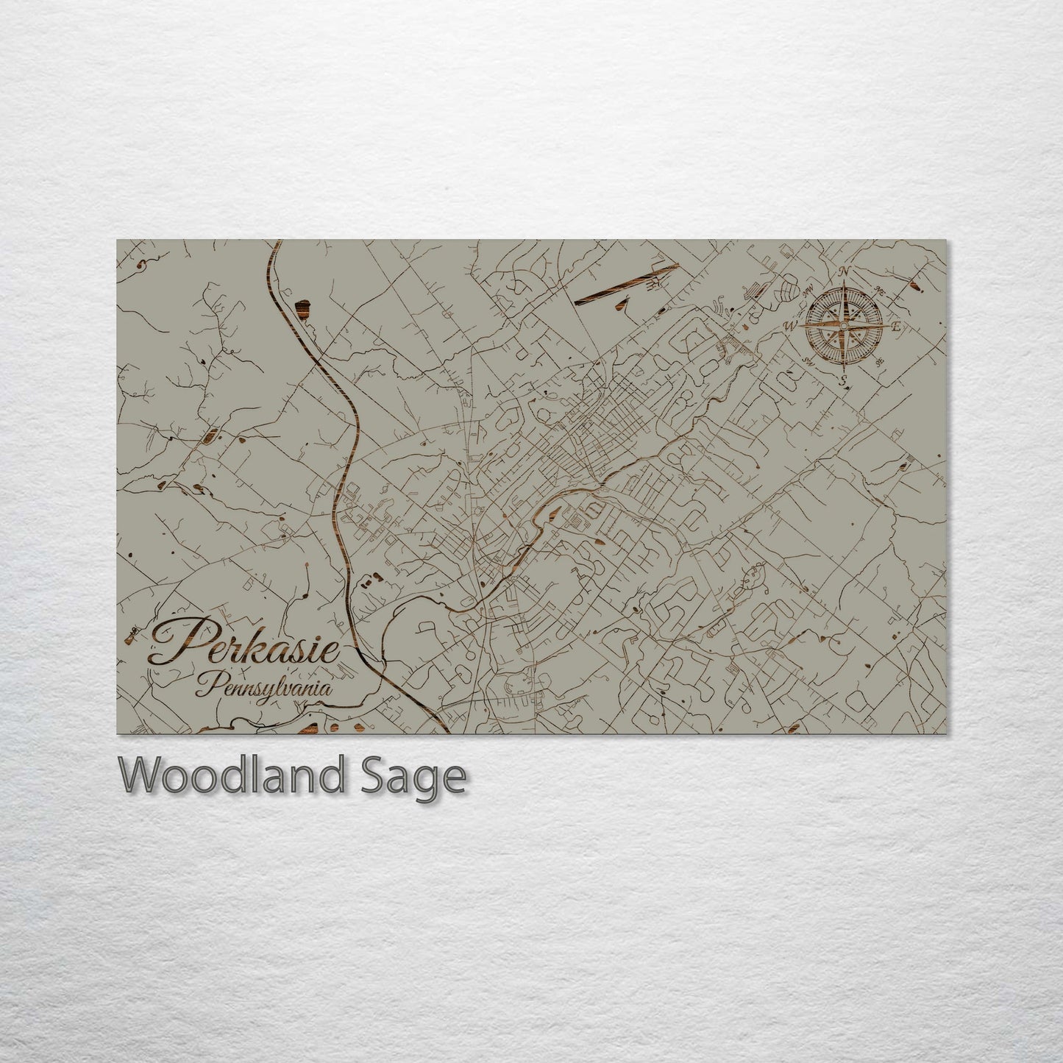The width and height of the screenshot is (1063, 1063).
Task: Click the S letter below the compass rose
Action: (x=844, y=380)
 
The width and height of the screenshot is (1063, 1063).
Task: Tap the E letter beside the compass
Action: (x=895, y=327)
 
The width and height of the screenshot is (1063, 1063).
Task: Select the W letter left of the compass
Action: (x=792, y=324)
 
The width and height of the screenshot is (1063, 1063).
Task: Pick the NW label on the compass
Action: (x=807, y=287)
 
